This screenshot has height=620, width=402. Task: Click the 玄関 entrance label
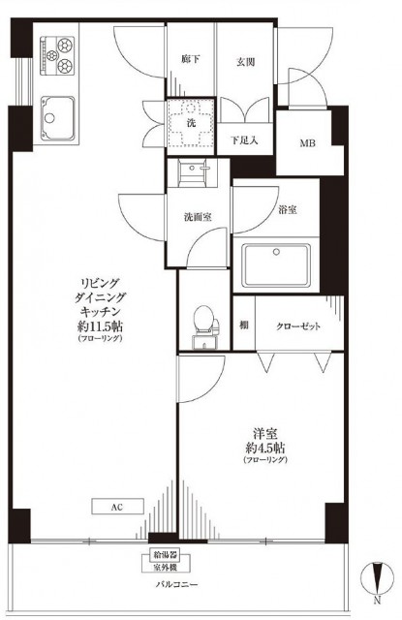244,61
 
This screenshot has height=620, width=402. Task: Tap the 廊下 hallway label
190,61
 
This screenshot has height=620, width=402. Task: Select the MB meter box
306,144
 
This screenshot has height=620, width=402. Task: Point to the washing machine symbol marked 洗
190,123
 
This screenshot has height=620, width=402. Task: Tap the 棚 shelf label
245,326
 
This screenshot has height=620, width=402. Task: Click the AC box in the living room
118,506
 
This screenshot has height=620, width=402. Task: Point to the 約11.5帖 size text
100,328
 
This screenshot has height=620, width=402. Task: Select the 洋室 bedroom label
264,434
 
